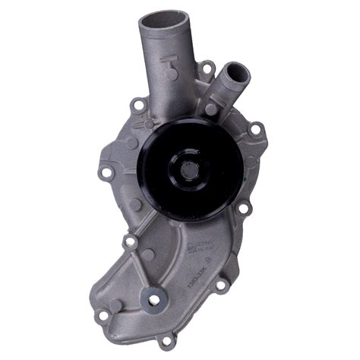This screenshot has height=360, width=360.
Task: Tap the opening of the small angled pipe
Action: pyautogui.click(x=236, y=73)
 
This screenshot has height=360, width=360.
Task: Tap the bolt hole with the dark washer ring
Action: pyautogui.click(x=153, y=298)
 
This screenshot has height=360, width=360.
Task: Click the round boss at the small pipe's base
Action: pyautogui.click(x=210, y=109)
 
